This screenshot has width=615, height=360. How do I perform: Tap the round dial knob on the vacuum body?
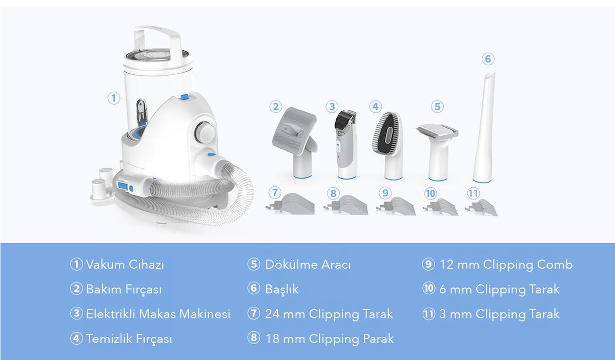click(x=205, y=132)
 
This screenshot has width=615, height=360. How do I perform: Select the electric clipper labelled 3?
click(x=346, y=144)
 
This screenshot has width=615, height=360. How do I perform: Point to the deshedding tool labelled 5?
click(x=438, y=152)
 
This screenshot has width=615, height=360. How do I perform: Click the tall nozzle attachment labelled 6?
click(x=484, y=128)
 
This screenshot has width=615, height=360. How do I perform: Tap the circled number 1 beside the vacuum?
click(x=114, y=98)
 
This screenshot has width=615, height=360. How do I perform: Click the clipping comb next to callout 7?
click(x=290, y=204)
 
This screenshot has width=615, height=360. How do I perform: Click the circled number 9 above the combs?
click(x=385, y=193)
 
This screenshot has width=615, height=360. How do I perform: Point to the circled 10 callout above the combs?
click(x=430, y=193)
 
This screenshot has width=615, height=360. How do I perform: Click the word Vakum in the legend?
click(x=106, y=265)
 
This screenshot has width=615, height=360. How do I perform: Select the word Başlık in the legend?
click(x=282, y=289)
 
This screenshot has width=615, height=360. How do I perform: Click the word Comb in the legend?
click(x=555, y=265)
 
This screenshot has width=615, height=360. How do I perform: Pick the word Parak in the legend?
click(x=378, y=338)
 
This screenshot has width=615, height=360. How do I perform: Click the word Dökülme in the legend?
click(x=291, y=265)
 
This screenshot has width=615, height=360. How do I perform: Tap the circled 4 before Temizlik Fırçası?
click(x=76, y=338)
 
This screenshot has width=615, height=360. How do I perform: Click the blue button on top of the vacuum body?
click(x=184, y=97)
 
